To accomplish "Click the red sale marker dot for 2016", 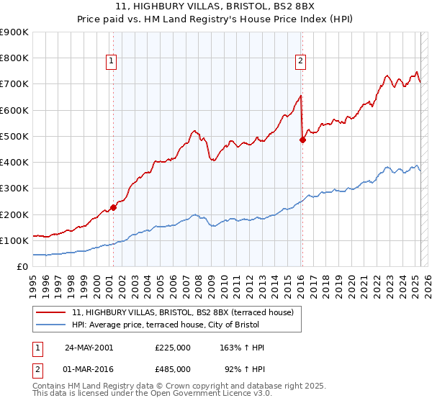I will tap(302, 140).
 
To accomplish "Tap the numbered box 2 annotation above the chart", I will tap(300, 63).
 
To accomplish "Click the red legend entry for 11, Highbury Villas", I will tap(182, 313).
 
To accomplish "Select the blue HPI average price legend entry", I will tap(169, 325).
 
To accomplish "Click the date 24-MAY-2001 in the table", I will tap(89, 348).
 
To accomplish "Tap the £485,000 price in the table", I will tap(173, 368).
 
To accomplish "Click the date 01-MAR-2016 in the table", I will tap(89, 368).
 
